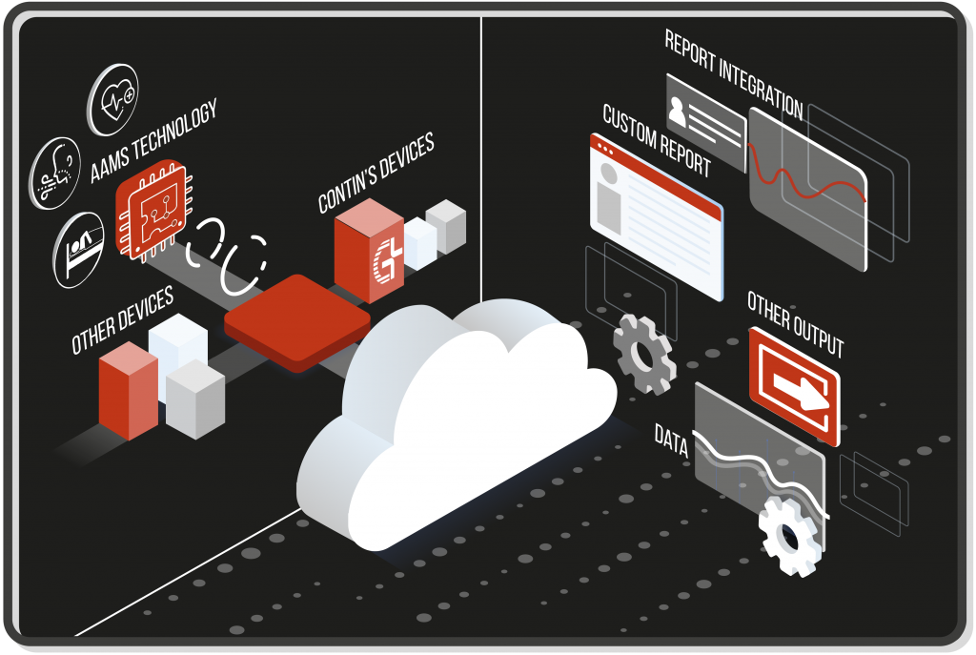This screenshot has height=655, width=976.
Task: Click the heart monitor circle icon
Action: pyautogui.click(x=112, y=99)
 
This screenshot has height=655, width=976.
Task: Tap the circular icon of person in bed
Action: pyautogui.click(x=80, y=250)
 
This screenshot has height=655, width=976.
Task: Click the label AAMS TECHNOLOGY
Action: pyautogui.click(x=153, y=141)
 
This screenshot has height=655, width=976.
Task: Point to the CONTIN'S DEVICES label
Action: pyautogui.click(x=376, y=172)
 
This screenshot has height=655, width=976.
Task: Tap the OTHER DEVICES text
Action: pyautogui.click(x=122, y=319)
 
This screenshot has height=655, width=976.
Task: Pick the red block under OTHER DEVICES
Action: pyautogui.click(x=128, y=391)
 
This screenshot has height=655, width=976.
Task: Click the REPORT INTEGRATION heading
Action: pyautogui.click(x=733, y=72)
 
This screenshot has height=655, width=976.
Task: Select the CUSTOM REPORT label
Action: pyautogui.click(x=657, y=140)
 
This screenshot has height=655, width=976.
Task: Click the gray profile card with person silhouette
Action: pyautogui.click(x=705, y=119)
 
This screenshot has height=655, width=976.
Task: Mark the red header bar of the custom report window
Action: pyautogui.click(x=656, y=173)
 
